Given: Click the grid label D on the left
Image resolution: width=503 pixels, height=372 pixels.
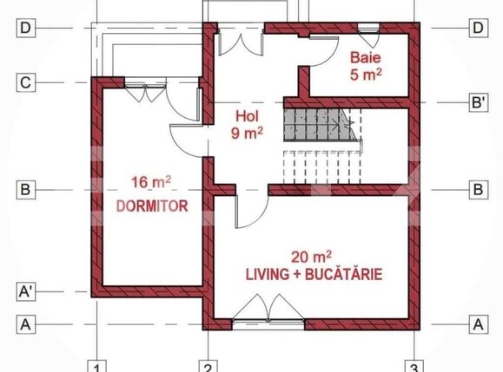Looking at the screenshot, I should pyautogui.click(x=26, y=28).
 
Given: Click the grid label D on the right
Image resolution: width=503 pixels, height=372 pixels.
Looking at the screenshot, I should pyautogui.click(x=477, y=28).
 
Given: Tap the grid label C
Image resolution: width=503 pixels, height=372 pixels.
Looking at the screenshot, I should pyautogui.click(x=26, y=83).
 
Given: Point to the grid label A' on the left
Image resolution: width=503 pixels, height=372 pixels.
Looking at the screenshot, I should pyautogui.click(x=26, y=292).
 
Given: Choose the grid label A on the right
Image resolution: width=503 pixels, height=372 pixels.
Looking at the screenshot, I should pyautogui.click(x=477, y=324).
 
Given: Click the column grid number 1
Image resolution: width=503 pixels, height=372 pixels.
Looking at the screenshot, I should pyautogui.click(x=99, y=365).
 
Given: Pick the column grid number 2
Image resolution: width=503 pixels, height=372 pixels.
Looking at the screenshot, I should pyautogui.click(x=208, y=365).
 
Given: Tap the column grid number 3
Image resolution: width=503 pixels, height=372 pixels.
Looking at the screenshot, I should pyautogui.click(x=416, y=365).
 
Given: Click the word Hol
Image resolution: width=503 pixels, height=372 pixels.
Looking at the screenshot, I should pyautogui.click(x=248, y=115).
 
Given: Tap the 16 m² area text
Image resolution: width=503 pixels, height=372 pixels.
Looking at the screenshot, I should pyautogui.click(x=150, y=182).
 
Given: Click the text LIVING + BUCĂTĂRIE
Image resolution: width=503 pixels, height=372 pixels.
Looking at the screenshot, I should pyautogui.click(x=314, y=275).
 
